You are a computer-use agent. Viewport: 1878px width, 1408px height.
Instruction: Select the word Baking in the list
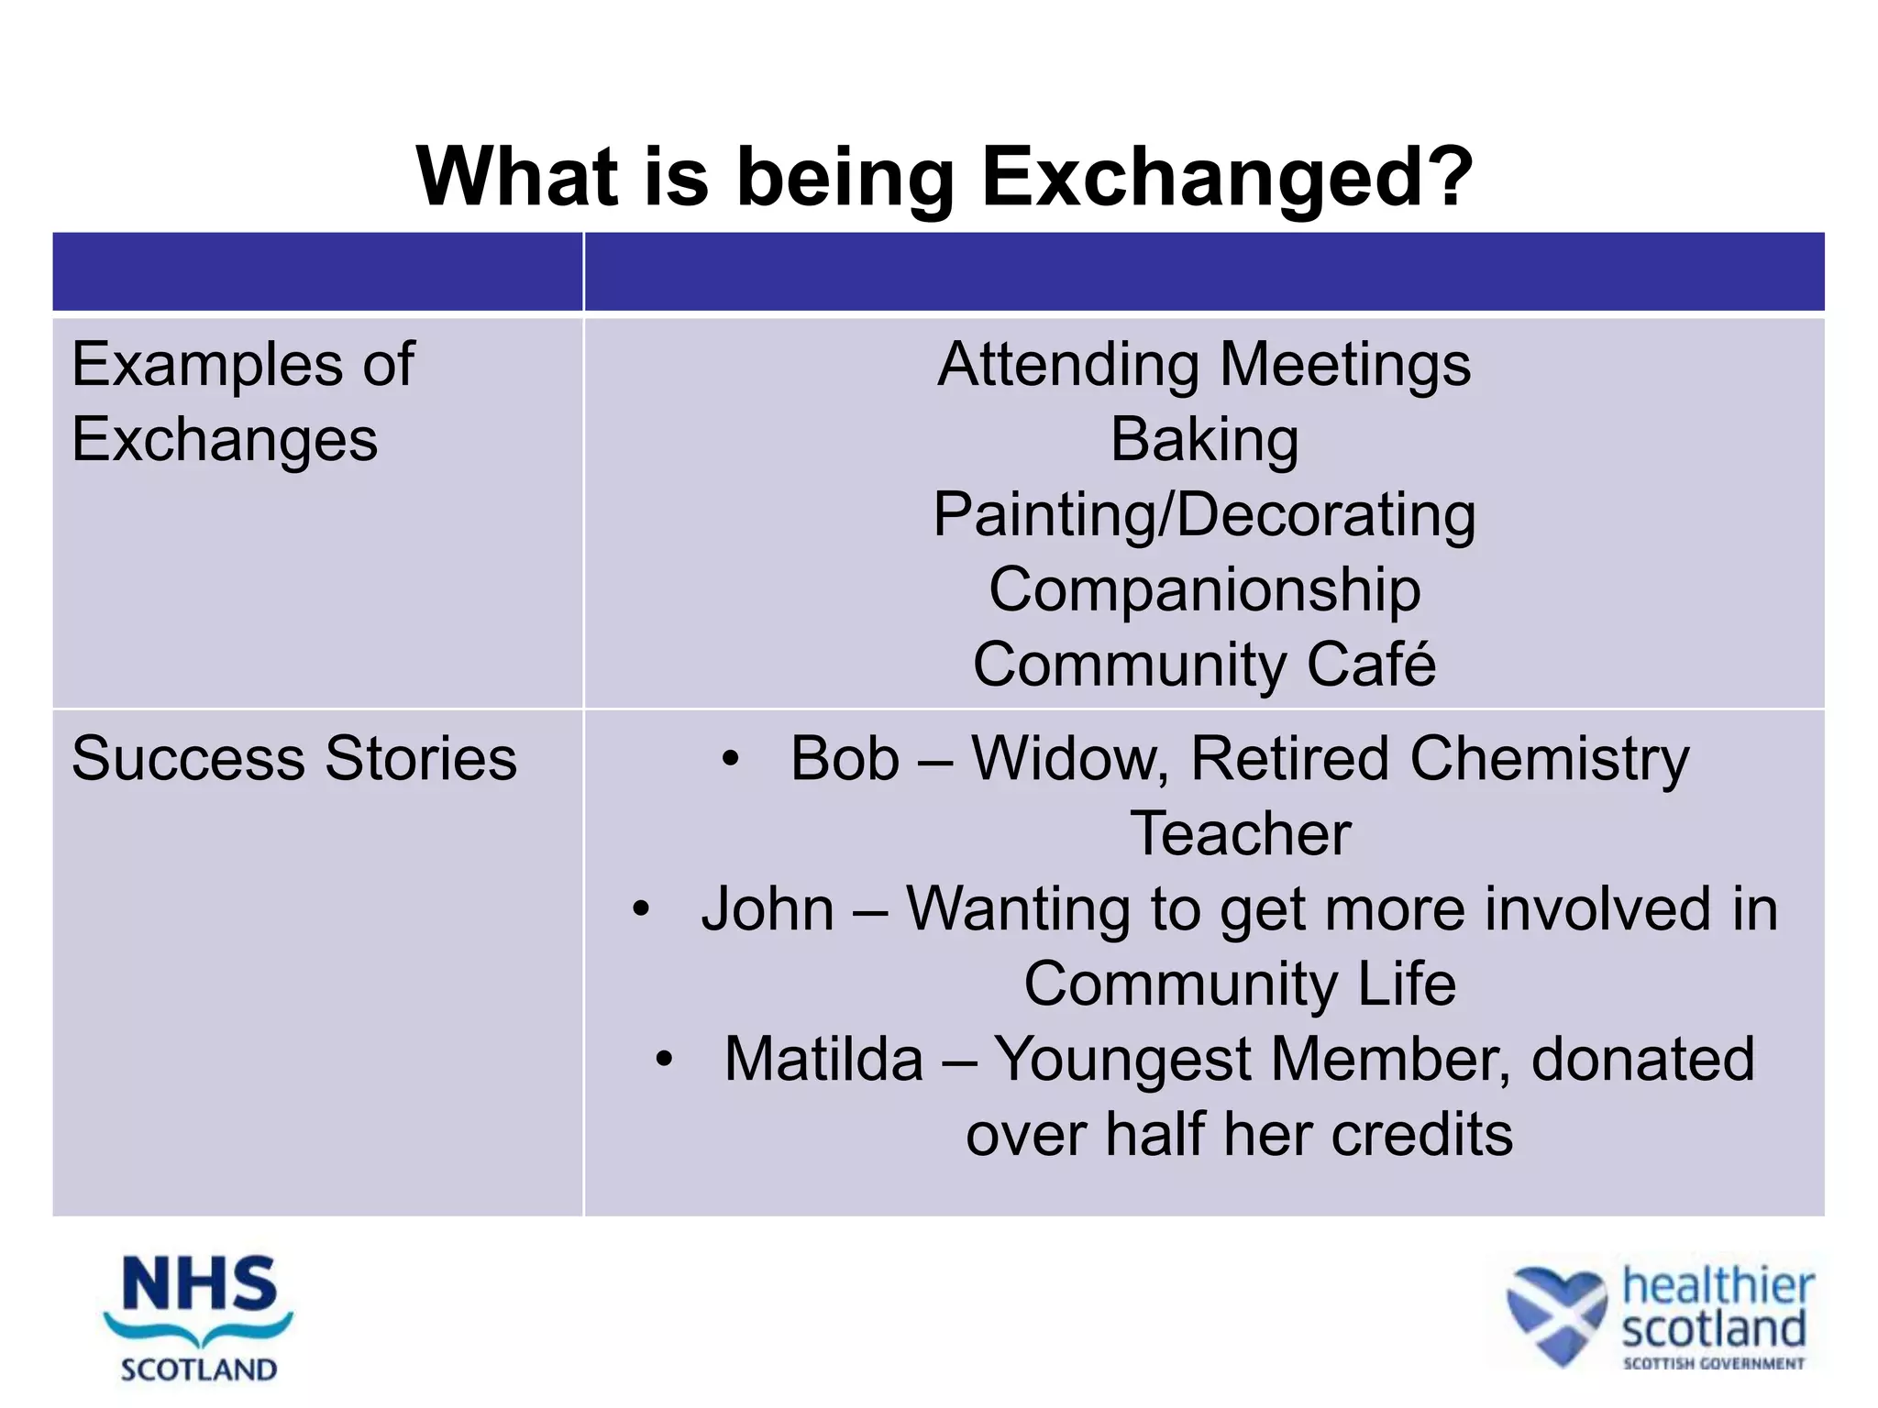pyautogui.click(x=1204, y=440)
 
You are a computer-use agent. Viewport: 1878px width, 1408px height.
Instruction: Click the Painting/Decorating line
pyautogui.click(x=1204, y=515)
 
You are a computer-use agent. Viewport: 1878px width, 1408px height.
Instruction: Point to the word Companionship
pyautogui.click(x=1204, y=589)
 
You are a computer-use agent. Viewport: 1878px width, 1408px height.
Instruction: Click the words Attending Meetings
pyautogui.click(x=1204, y=365)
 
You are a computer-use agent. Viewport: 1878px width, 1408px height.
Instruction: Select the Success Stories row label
pyautogui.click(x=294, y=759)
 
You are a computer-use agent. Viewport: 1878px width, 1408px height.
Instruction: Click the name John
pyautogui.click(x=768, y=909)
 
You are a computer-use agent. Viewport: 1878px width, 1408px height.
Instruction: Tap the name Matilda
pyautogui.click(x=823, y=1060)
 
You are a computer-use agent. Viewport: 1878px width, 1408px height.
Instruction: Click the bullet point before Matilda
pyautogui.click(x=665, y=1061)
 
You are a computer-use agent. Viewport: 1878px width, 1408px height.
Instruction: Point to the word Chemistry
pyautogui.click(x=1549, y=761)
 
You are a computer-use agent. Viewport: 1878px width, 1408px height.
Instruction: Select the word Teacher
pyautogui.click(x=1240, y=834)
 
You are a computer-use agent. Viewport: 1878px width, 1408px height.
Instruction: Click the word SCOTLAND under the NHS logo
pyautogui.click(x=199, y=1369)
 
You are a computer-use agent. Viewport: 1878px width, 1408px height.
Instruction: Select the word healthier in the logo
pyautogui.click(x=1718, y=1286)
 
